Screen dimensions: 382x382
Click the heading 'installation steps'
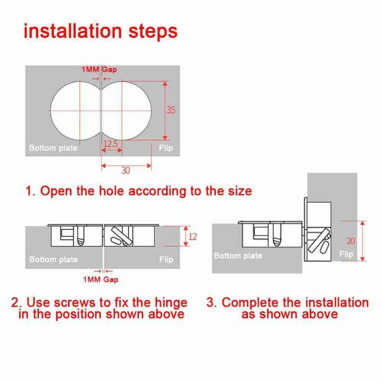click(x=100, y=31)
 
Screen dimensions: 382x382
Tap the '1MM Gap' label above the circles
click(x=99, y=70)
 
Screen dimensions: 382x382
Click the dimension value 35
click(x=170, y=110)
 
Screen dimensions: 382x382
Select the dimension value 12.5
click(x=110, y=143)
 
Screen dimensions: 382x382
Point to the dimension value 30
click(x=125, y=170)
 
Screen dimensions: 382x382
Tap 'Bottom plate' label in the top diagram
click(x=53, y=148)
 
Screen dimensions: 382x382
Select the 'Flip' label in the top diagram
click(x=166, y=148)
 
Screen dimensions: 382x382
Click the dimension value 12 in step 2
click(x=192, y=236)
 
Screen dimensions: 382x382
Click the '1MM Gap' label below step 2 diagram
click(x=100, y=279)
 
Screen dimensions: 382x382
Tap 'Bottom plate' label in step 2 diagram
click(x=53, y=260)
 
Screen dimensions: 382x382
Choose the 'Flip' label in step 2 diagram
click(x=166, y=260)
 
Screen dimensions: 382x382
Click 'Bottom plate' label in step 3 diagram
click(x=238, y=255)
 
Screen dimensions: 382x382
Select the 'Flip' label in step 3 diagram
click(x=346, y=254)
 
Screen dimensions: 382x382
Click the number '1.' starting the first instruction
click(x=31, y=191)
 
